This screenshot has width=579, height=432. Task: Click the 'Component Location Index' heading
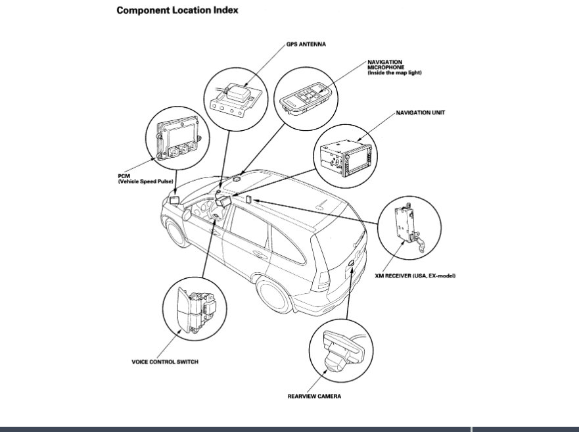(x=177, y=11)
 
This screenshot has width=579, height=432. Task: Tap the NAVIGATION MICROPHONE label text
(x=386, y=64)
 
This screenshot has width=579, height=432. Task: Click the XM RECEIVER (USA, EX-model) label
(x=419, y=276)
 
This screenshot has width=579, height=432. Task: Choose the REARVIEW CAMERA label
(x=314, y=396)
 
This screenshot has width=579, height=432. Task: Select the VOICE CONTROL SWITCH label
(x=164, y=362)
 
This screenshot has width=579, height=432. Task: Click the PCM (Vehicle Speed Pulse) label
(x=142, y=178)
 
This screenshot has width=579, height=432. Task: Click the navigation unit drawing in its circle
(x=346, y=155)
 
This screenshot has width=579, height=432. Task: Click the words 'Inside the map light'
(x=394, y=73)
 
